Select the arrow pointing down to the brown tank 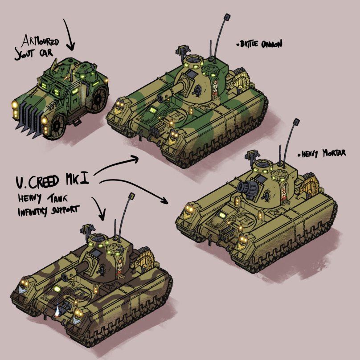(x=101, y=208)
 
